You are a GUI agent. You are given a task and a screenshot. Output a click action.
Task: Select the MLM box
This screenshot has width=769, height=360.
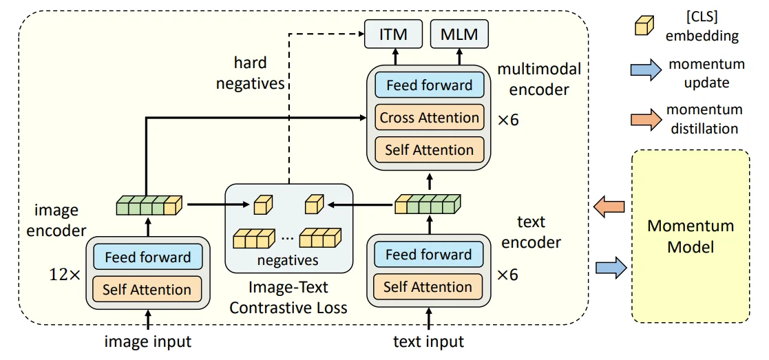[x=459, y=34]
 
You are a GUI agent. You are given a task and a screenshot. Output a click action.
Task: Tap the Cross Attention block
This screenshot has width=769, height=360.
[x=429, y=118]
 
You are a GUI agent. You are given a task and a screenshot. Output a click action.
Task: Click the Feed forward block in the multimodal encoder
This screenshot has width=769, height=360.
[x=429, y=86]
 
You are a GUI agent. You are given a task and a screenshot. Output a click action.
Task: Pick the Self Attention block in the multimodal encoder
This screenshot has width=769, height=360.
[x=429, y=149]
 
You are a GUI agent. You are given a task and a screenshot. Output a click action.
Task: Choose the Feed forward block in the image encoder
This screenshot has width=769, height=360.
[x=147, y=257]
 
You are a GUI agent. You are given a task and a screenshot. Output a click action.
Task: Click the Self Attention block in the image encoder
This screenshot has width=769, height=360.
[x=147, y=289]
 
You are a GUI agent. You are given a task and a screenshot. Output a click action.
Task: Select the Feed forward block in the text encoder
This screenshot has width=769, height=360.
[x=428, y=255]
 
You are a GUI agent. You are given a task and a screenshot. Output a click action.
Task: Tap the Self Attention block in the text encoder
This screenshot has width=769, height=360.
[x=428, y=286]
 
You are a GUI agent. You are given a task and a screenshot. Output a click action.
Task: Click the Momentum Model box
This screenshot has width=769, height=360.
[x=691, y=236]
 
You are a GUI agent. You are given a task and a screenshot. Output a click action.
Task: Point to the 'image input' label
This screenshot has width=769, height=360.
[x=147, y=341]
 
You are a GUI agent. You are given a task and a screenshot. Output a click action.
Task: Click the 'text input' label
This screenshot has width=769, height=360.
[x=428, y=341]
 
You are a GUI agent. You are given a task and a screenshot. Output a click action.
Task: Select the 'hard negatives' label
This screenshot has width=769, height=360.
[x=250, y=74]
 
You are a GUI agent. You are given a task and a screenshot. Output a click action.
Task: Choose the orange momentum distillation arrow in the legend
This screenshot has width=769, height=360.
[x=644, y=117]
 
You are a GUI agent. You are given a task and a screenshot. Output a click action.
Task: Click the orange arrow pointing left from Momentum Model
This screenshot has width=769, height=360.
[x=610, y=206]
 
